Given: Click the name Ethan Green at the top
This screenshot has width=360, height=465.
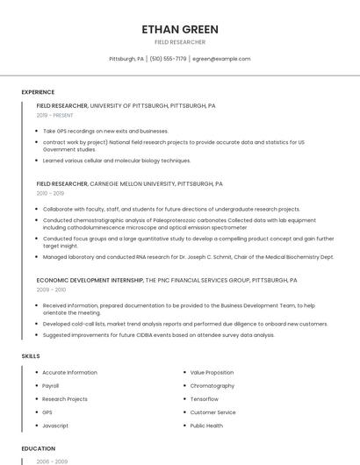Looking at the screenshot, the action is (180, 29).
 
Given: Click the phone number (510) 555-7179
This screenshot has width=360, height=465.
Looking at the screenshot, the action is (168, 59).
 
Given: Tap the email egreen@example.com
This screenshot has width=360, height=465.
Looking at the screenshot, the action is (221, 59).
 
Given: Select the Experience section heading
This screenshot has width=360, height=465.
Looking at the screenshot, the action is (38, 92).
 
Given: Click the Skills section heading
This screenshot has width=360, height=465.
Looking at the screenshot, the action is (31, 356).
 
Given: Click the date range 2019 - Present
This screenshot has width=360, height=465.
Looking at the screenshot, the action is (55, 115).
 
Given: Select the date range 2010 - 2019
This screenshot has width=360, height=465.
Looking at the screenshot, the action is (50, 193).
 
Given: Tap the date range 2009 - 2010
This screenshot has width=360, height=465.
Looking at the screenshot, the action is (51, 289).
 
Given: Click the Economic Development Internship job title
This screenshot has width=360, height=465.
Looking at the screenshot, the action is (90, 280).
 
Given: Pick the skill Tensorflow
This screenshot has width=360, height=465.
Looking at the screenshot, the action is (205, 398).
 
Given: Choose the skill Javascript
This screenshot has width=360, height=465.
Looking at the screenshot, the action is (55, 425).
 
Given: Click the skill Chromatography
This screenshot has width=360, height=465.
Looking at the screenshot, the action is (212, 385).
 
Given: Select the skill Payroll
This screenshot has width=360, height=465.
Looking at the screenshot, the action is (51, 385).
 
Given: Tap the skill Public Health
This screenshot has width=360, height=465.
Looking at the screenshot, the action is (207, 425).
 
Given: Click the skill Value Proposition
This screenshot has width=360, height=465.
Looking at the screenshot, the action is (212, 372).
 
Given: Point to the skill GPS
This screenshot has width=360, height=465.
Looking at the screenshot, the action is (47, 411).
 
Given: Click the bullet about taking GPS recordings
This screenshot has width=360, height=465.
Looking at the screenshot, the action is (105, 131).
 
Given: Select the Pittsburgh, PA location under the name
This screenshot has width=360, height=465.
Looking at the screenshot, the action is (126, 59).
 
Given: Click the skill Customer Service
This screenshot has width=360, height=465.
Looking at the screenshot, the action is (213, 411).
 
